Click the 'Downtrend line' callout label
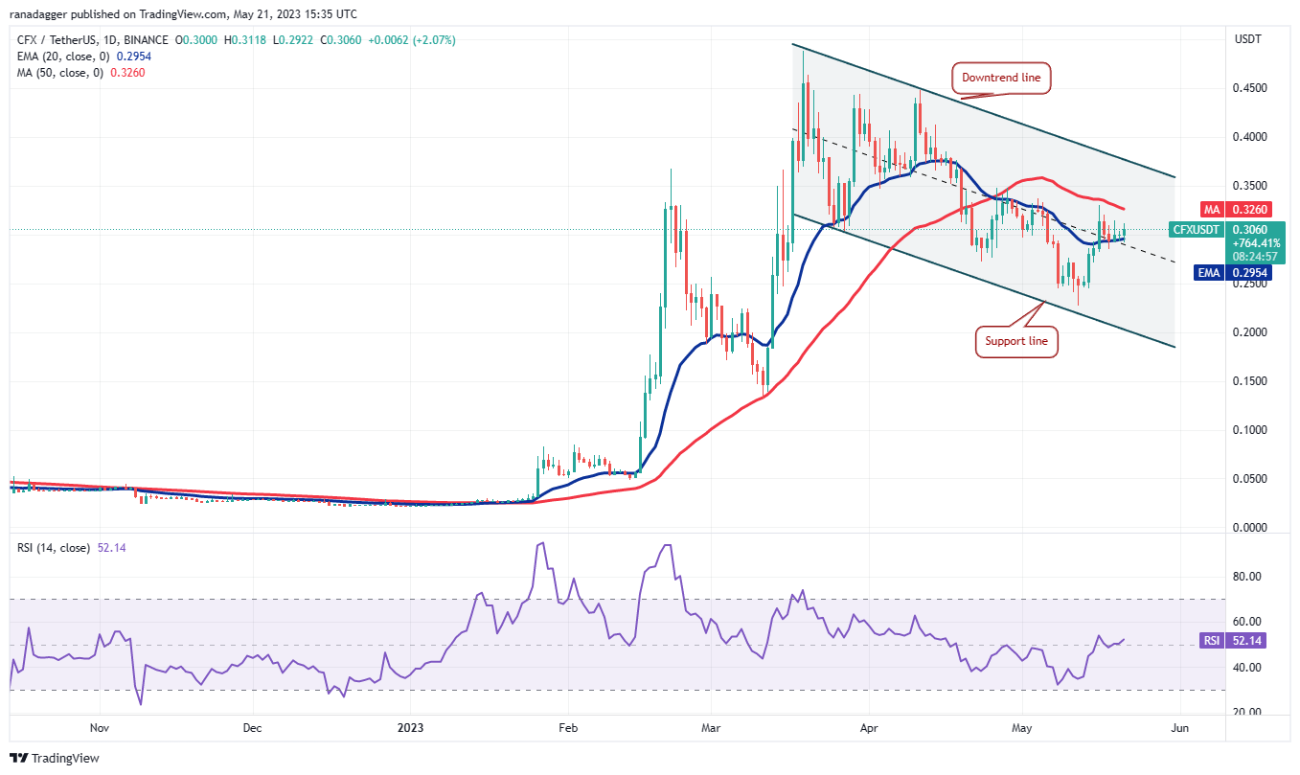point(1001,78)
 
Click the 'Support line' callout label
point(1016,341)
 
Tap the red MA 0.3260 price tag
point(1236,209)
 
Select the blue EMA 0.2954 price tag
point(1233,273)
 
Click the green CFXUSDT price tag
point(1196,230)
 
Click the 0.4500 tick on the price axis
point(1249,88)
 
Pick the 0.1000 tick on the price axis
point(1249,430)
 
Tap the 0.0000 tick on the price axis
point(1249,528)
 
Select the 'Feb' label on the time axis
point(568,728)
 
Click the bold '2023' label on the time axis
point(410,728)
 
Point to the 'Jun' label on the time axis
point(1180,728)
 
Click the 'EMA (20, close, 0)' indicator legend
point(62,57)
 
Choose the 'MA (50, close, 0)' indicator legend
point(59,73)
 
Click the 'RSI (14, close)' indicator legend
point(54,548)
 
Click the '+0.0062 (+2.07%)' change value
point(412,40)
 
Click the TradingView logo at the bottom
point(55,758)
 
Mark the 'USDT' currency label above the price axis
point(1247,39)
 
